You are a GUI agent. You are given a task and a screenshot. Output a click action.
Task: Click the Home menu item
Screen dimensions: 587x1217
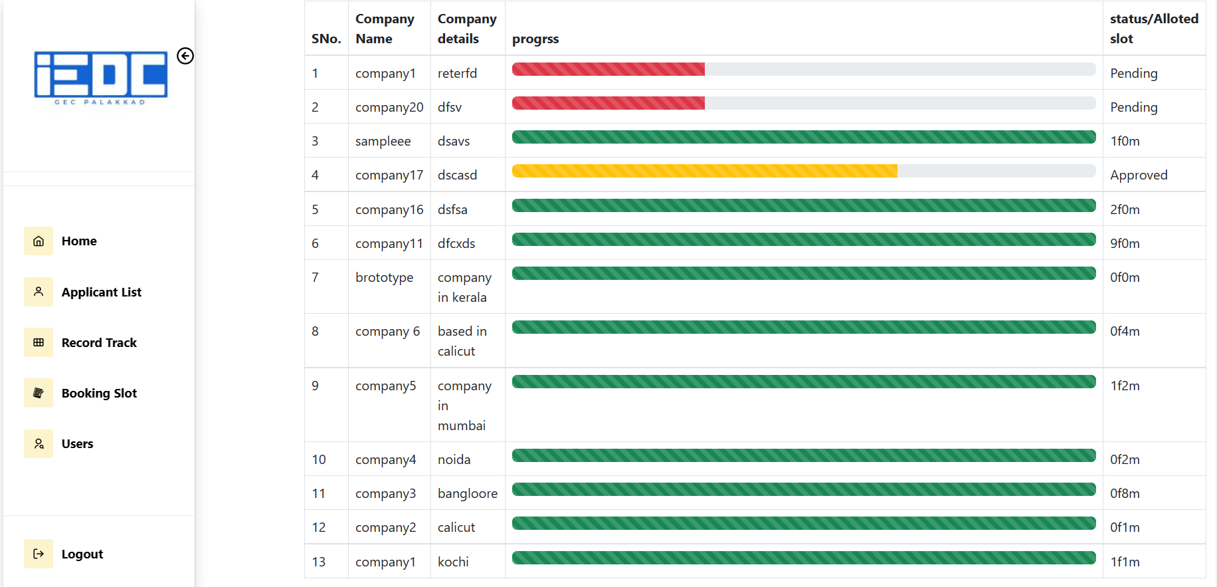[78, 241]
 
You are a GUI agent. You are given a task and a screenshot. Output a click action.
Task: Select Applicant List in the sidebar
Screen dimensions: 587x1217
[101, 293]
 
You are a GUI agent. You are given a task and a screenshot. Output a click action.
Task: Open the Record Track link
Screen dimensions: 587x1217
[98, 343]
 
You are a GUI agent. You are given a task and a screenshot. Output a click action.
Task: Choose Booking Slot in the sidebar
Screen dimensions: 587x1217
[98, 394]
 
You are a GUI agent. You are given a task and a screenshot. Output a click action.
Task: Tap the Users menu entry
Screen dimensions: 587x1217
[77, 444]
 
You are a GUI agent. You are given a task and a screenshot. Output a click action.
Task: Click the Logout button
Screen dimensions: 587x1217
[82, 554]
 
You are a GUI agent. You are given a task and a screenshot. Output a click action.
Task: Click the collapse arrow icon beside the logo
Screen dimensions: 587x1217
[185, 56]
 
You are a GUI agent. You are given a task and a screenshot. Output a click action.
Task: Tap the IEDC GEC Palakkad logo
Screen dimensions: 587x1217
[101, 78]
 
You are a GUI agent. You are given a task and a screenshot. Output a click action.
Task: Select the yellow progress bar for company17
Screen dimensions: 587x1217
[704, 172]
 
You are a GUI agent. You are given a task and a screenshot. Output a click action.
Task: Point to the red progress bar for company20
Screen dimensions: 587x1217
[608, 103]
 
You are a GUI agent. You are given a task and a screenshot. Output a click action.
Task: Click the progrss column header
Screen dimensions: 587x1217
[535, 39]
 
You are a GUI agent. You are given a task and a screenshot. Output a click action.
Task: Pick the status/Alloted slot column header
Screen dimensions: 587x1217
[1153, 29]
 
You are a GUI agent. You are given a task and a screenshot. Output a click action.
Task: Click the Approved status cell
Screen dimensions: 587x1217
[1139, 176]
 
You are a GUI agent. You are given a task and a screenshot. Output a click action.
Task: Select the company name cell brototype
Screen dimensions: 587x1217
[384, 278]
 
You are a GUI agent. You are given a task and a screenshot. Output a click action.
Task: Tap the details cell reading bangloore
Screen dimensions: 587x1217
[467, 494]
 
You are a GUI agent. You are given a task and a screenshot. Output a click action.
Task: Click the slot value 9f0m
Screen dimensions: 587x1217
[1125, 244]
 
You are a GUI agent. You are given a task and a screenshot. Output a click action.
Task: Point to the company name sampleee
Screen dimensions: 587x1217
[383, 142]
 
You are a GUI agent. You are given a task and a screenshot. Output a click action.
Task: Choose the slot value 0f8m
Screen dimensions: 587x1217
[1125, 494]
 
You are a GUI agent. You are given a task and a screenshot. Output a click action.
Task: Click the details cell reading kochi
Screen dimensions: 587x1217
[453, 562]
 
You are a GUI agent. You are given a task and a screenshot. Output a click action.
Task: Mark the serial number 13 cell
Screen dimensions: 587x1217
[319, 562]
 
